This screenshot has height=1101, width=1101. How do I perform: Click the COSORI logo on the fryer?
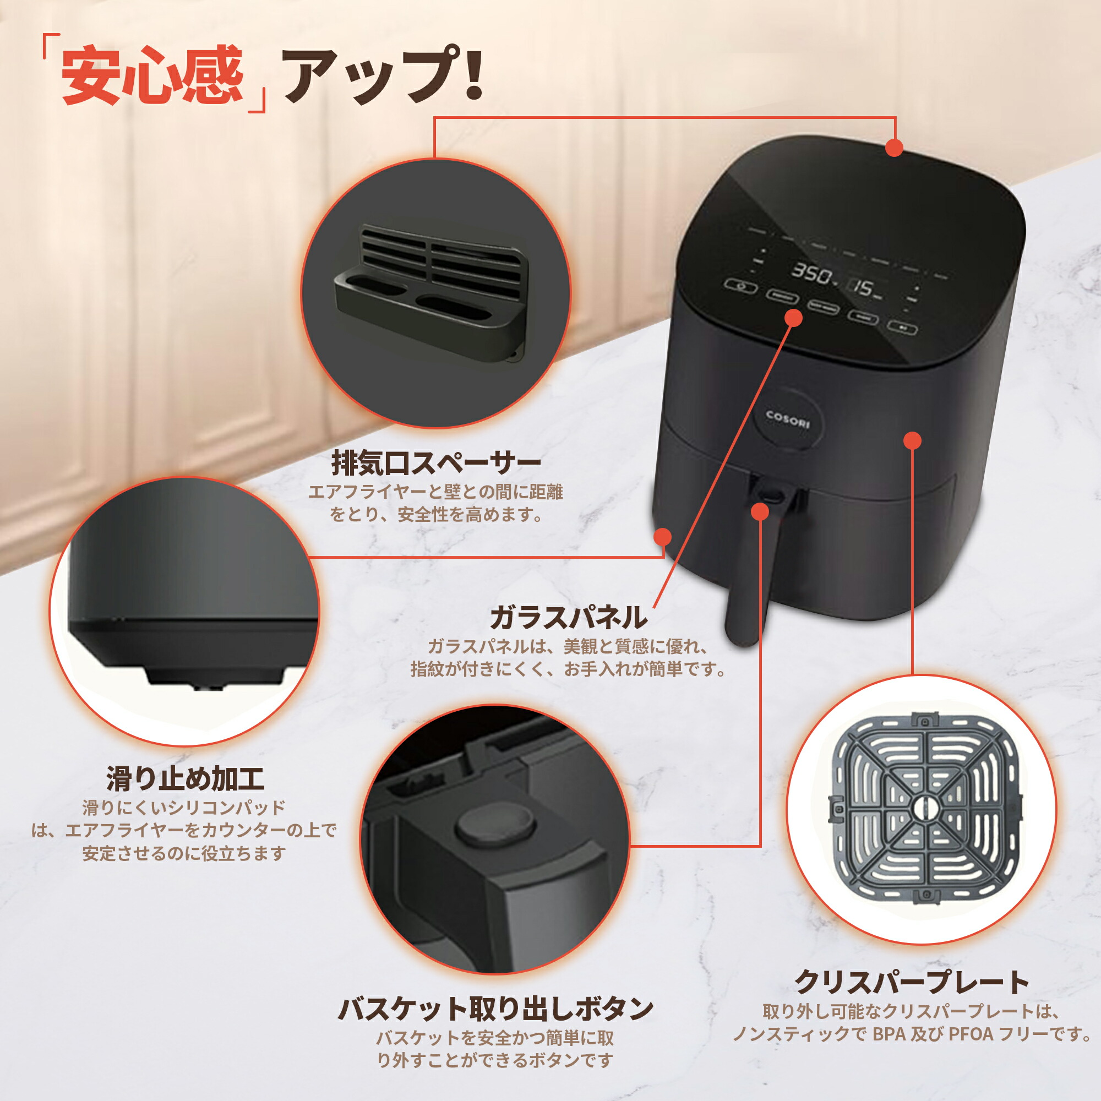(x=788, y=419)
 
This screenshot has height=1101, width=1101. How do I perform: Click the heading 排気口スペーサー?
(x=436, y=463)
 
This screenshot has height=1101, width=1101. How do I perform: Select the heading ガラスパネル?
(x=568, y=617)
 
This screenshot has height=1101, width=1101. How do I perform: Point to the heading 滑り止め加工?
(x=185, y=778)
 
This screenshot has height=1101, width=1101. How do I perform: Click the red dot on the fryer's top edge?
(x=894, y=148)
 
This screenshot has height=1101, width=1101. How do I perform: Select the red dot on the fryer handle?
(x=760, y=512)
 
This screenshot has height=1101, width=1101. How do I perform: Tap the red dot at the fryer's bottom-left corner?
(x=663, y=537)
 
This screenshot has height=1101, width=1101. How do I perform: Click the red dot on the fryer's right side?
(x=913, y=440)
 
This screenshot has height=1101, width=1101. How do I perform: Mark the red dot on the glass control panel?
(x=794, y=318)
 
